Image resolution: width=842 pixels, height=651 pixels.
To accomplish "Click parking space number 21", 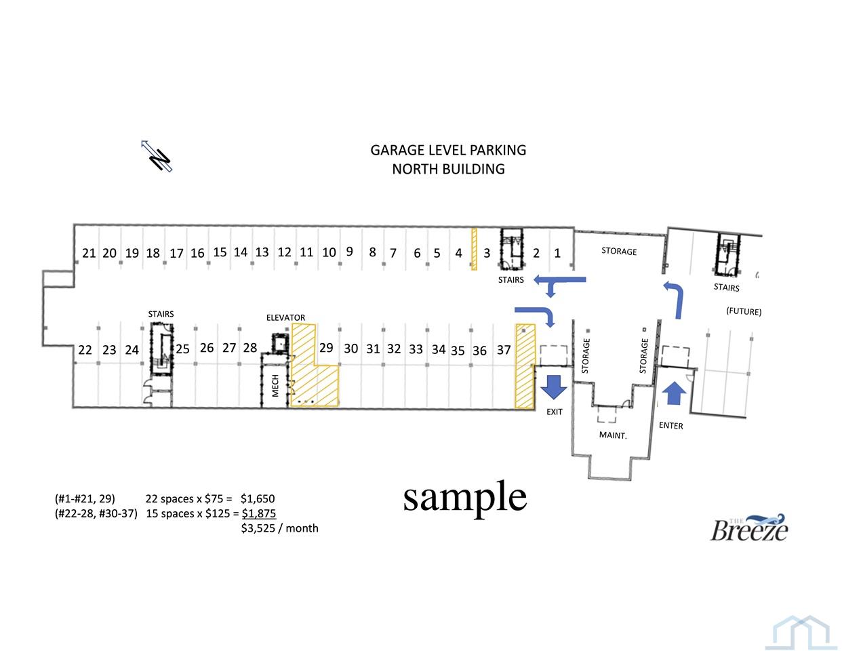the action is click(89, 253).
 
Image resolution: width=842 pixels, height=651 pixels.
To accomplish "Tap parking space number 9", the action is click(350, 252).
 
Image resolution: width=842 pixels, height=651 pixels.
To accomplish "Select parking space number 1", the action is click(557, 253).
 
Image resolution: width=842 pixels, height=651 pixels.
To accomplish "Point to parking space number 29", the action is click(326, 348).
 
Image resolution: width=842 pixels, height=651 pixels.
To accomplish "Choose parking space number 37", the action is click(504, 350).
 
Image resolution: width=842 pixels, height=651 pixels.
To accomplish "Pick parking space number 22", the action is click(85, 350).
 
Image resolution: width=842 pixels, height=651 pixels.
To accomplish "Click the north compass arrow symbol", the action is click(157, 156).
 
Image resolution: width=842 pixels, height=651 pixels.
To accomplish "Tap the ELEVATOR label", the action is click(285, 318).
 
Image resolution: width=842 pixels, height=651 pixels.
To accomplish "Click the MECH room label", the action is click(275, 385).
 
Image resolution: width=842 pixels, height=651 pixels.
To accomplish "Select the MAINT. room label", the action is click(613, 435).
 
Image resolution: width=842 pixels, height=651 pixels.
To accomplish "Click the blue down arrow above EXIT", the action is click(554, 387).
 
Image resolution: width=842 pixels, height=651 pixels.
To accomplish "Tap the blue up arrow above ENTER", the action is click(675, 393).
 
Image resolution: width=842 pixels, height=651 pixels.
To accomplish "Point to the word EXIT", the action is click(554, 412).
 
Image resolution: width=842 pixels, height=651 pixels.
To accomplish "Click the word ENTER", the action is click(670, 425).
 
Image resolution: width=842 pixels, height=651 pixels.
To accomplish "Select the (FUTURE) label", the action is click(744, 311).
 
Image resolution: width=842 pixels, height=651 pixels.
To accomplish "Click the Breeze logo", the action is click(748, 528).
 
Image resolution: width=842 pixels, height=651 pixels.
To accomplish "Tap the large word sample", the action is click(464, 498).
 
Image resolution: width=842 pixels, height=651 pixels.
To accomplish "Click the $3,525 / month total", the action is click(279, 528).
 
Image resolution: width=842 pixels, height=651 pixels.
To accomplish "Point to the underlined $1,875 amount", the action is click(259, 513).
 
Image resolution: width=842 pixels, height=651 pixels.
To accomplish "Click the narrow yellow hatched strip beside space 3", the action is click(474, 249).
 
